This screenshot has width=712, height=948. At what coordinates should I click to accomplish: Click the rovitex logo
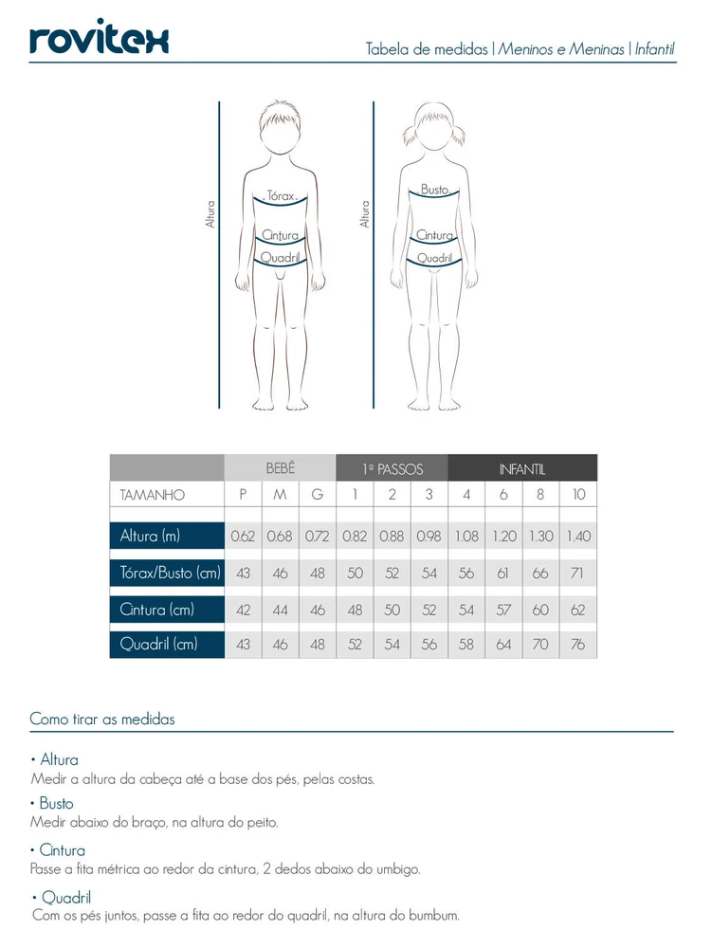point(99,40)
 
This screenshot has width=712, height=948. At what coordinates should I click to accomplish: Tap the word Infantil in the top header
point(654,49)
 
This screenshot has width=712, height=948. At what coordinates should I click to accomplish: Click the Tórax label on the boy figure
point(282,195)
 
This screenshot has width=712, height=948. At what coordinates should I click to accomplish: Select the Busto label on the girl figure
point(434,191)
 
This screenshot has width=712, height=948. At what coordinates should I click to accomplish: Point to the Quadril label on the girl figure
point(433,258)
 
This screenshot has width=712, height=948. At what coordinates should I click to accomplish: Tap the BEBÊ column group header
point(280,468)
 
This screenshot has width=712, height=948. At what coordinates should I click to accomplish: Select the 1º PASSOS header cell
point(392,468)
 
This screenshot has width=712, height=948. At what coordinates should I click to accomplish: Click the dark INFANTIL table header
point(521,468)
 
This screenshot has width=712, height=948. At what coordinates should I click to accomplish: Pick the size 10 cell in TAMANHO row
point(578,495)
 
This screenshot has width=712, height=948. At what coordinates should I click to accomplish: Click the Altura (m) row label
point(150,537)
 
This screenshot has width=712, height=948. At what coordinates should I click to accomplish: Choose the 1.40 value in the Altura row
point(578,537)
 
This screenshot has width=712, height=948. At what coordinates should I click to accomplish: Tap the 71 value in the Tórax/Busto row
point(578,574)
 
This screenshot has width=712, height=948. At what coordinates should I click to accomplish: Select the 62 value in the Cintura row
point(578,610)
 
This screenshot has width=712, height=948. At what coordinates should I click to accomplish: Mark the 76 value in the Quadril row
point(578,645)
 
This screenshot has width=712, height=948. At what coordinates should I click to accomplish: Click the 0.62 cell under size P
point(243,537)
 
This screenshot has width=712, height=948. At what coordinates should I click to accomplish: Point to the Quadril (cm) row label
point(158,645)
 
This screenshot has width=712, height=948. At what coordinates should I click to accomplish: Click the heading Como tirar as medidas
point(102,720)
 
